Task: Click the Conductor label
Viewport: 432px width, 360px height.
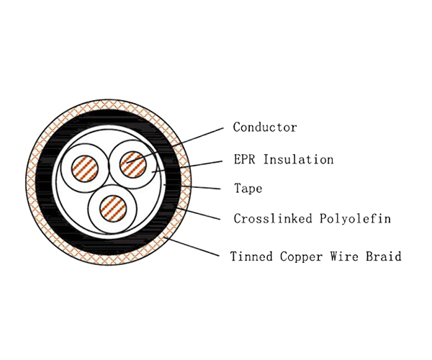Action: (x=265, y=127)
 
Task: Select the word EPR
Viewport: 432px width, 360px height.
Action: (x=245, y=159)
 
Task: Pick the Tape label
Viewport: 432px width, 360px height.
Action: (x=248, y=189)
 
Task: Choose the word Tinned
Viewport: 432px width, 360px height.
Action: (x=249, y=256)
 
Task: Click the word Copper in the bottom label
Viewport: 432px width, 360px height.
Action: (x=297, y=256)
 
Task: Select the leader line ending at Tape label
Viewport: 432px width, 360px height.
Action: (x=194, y=188)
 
